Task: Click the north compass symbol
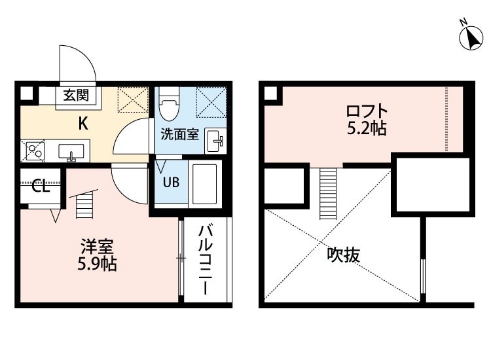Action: tap(471, 37)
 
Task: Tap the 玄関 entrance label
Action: tap(76, 95)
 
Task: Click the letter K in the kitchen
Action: tap(83, 124)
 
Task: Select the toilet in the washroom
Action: tap(169, 103)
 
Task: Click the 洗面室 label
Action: tap(180, 134)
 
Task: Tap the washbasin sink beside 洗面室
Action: tap(215, 141)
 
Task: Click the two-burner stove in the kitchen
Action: tap(33, 151)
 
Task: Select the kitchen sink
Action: tap(71, 152)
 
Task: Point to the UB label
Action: tap(171, 182)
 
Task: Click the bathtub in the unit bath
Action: tap(205, 184)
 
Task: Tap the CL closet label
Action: tap(41, 187)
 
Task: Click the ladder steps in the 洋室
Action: tap(85, 206)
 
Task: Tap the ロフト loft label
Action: tap(367, 111)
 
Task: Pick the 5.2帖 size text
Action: tap(367, 128)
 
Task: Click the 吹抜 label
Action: tap(344, 255)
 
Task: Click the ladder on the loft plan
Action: tap(328, 194)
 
